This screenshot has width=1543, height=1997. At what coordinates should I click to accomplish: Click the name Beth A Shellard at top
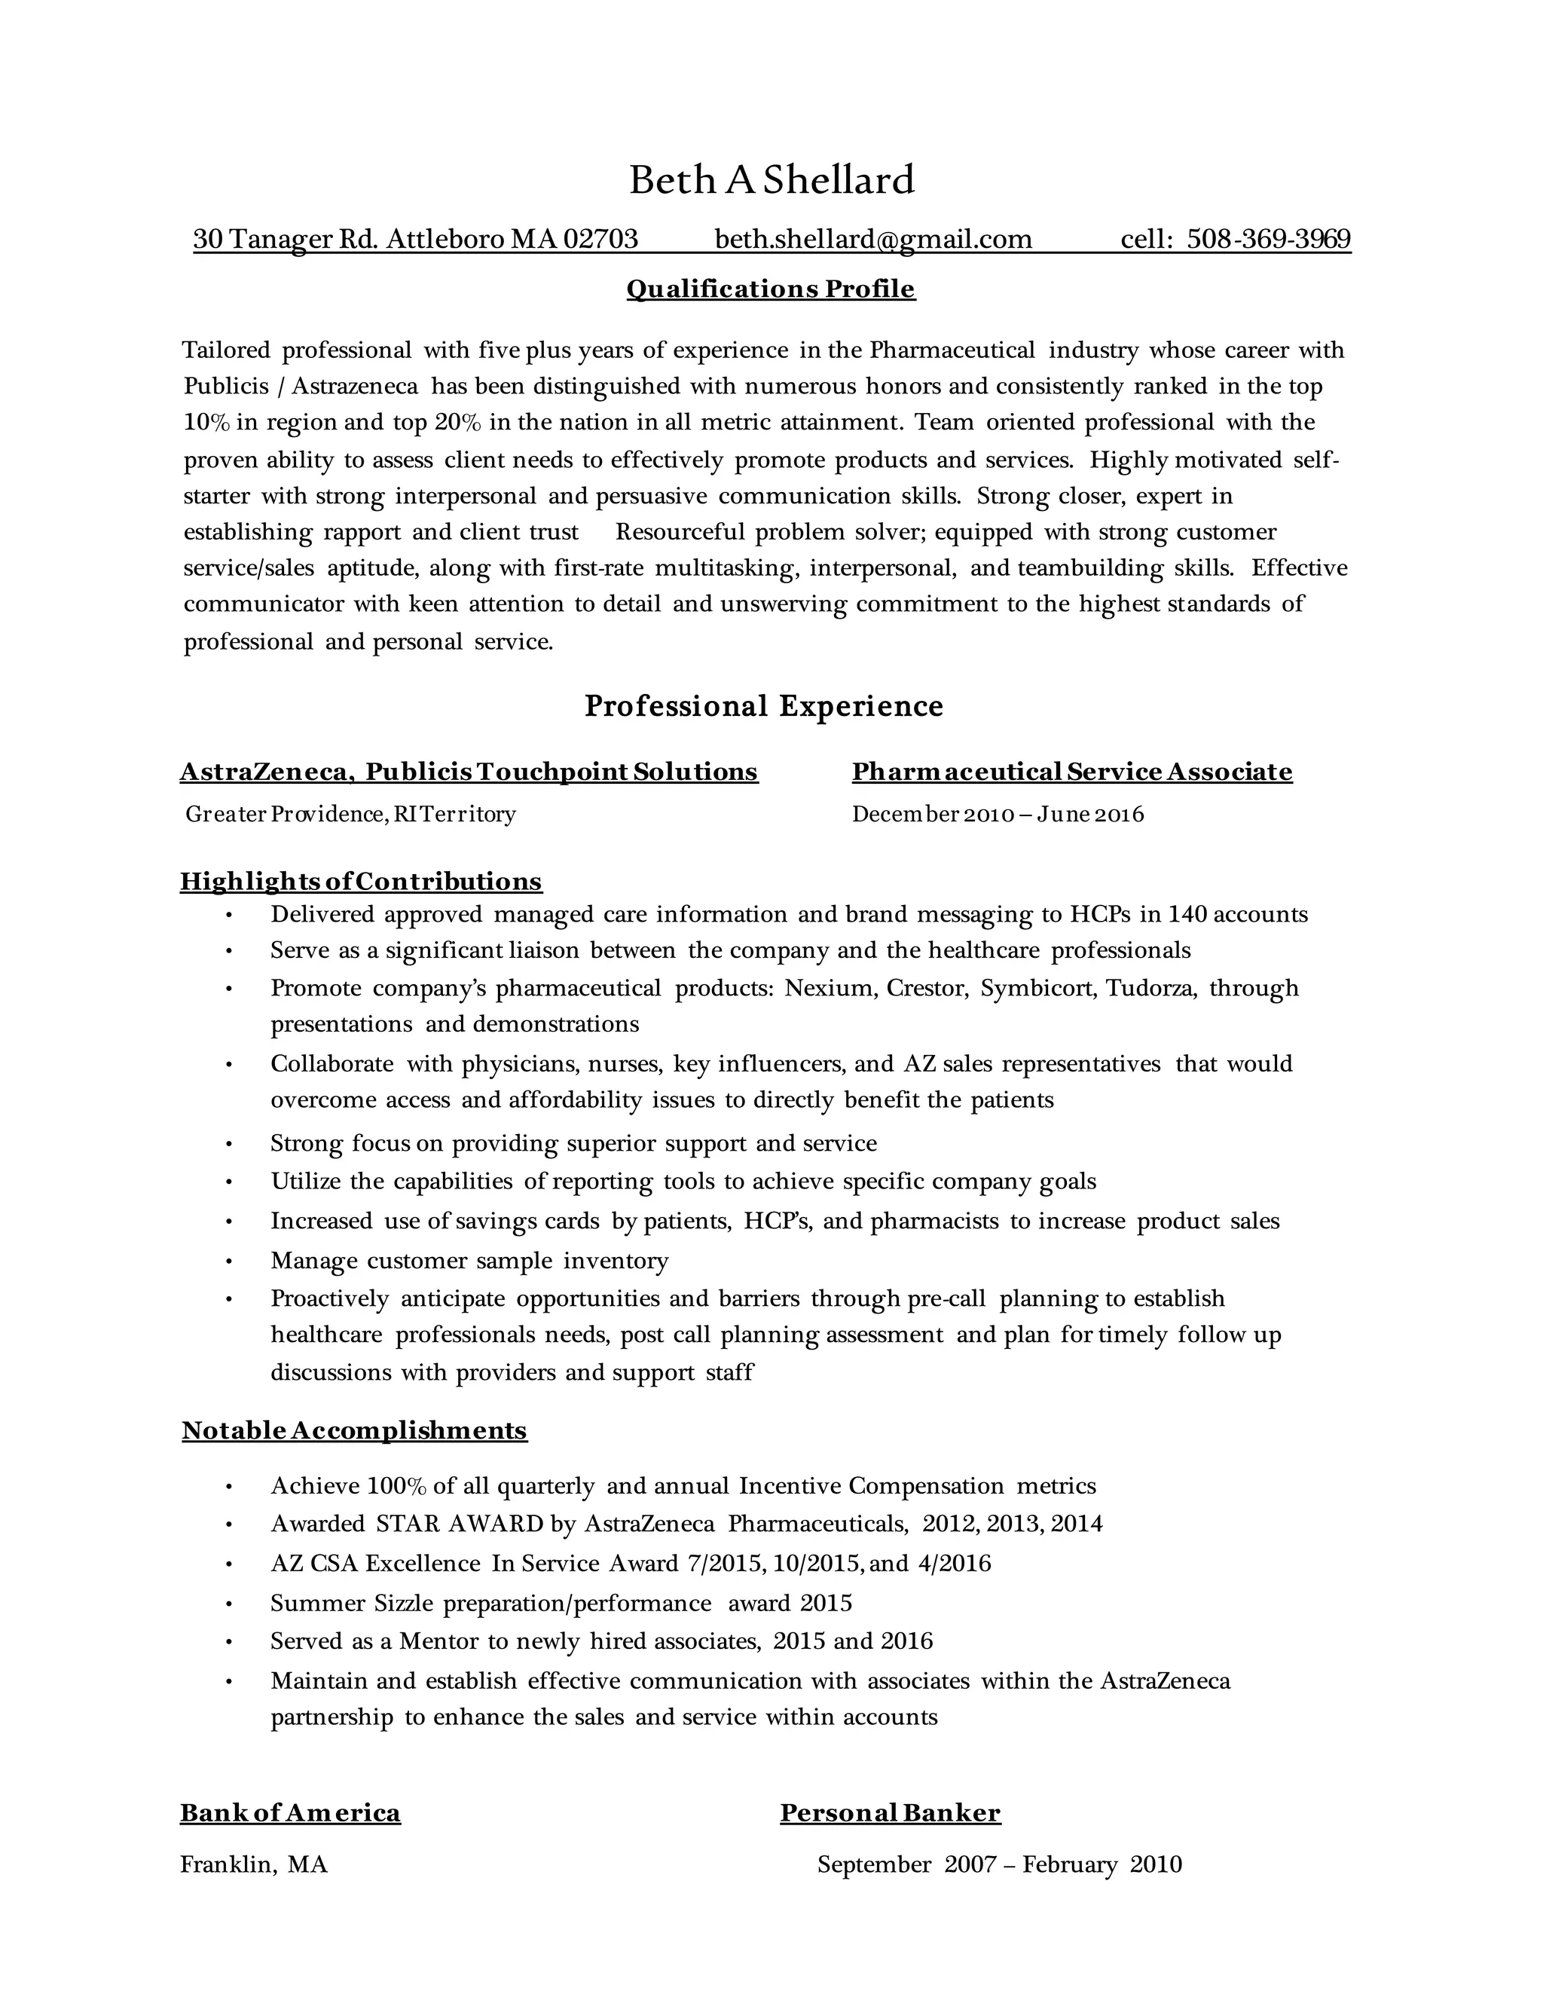771,180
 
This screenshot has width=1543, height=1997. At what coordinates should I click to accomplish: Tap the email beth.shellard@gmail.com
873,240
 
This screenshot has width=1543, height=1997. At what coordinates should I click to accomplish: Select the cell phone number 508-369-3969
1268,240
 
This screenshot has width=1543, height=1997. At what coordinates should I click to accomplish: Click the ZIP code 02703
600,240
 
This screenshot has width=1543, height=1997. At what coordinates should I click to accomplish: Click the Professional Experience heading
763,706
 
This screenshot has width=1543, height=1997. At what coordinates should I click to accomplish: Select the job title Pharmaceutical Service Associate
1071,772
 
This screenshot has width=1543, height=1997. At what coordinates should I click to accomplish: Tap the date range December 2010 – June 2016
998,814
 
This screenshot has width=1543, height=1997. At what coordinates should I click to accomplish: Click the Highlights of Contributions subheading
361,882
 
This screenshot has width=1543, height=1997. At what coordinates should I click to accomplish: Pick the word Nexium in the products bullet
828,989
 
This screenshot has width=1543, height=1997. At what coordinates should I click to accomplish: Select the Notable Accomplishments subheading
355,1430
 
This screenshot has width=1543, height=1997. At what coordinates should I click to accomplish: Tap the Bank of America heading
290,1812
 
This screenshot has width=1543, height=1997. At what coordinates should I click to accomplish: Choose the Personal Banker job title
891,1812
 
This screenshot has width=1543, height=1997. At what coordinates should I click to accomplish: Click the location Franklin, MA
253,1864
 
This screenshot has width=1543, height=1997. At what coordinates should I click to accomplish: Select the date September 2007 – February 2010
999,1864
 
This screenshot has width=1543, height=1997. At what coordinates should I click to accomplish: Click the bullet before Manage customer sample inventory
230,1262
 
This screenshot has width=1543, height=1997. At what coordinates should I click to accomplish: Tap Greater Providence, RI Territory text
350,814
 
